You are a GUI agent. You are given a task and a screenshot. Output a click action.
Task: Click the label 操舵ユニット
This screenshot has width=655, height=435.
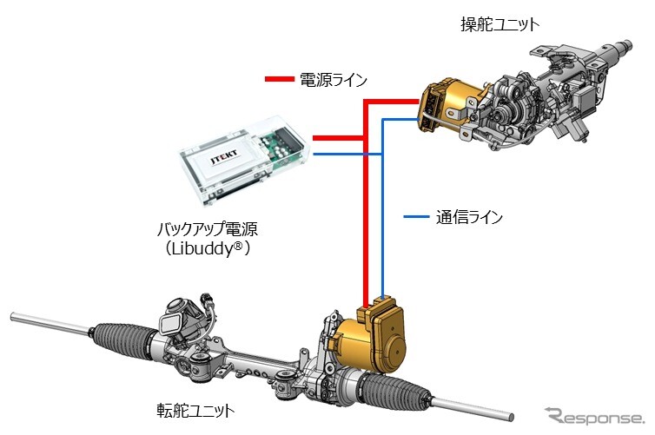coord(499,24)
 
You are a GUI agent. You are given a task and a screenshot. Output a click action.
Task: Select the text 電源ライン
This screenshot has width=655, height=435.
coord(334,79)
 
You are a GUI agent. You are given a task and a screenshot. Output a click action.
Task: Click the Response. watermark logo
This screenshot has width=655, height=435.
coord(595,415)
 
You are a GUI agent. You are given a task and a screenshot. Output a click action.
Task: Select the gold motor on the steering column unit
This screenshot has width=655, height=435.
coord(449,102)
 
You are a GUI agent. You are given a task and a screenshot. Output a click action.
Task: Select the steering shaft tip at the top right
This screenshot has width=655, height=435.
coord(625,47)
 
